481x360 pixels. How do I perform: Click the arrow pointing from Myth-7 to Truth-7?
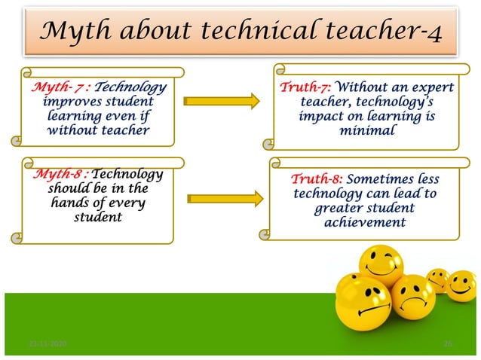pyautogui.click(x=219, y=101)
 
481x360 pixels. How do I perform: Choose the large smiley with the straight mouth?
pyautogui.click(x=363, y=304)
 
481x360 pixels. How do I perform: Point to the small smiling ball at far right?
pyautogui.click(x=462, y=285)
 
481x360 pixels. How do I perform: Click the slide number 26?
pyautogui.click(x=448, y=344)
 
